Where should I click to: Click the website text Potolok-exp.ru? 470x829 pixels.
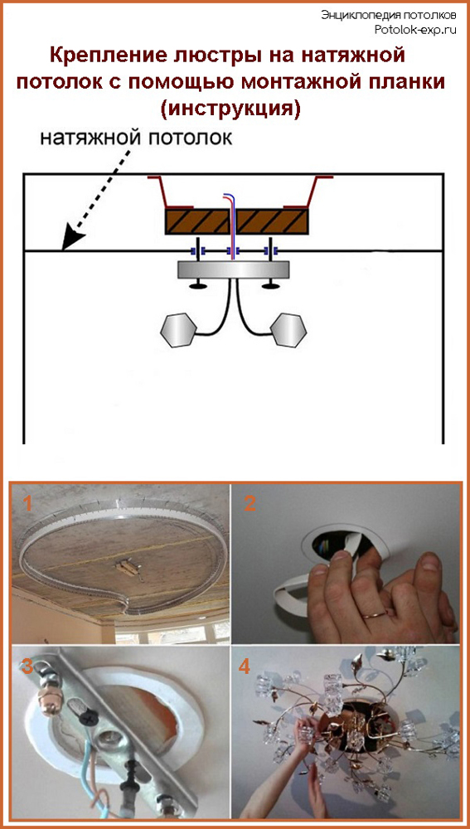[414, 30]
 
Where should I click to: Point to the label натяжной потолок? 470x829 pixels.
[136, 138]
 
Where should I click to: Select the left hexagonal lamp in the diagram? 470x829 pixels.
[179, 331]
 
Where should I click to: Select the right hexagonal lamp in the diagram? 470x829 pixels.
[288, 330]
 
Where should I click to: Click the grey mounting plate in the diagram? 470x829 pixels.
[233, 269]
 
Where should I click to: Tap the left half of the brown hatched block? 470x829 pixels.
[197, 221]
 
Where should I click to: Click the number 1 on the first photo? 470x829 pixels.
[27, 503]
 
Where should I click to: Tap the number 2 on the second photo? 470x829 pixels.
[250, 503]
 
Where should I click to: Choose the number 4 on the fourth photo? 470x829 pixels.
[244, 667]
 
